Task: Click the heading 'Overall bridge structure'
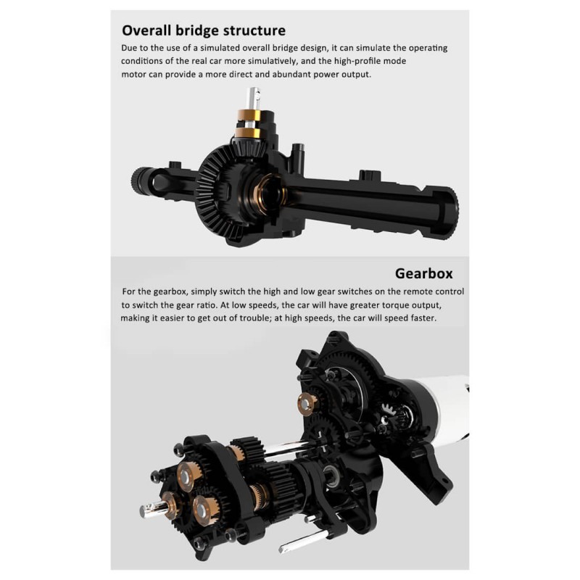click(x=204, y=30)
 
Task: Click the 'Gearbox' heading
click(x=424, y=274)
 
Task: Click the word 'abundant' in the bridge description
click(x=291, y=75)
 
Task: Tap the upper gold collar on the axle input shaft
click(x=249, y=115)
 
